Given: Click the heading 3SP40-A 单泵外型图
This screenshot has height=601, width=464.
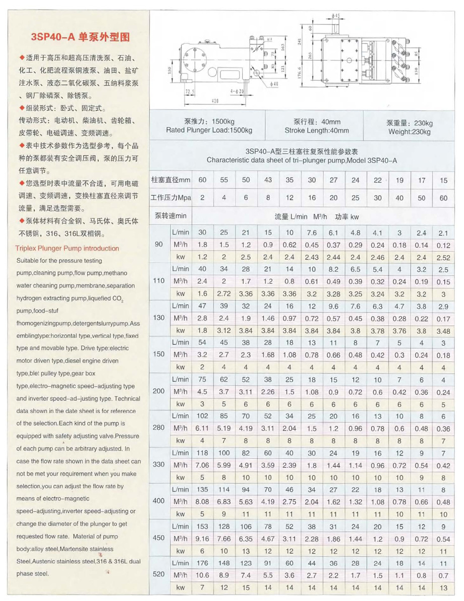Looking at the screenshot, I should tap(80, 37).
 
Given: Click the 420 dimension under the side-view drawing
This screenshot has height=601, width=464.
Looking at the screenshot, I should tap(214, 101).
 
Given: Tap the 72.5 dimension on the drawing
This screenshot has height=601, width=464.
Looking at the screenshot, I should tap(190, 92).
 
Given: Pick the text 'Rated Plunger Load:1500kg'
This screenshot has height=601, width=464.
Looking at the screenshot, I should tap(209, 131).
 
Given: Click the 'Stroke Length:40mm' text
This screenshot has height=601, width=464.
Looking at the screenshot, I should tap(316, 131).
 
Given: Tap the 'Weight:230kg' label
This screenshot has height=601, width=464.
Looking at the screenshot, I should tap(409, 132).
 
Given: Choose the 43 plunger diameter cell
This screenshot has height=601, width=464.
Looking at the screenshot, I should tap(268, 179).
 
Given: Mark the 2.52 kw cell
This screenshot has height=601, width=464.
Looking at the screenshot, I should tap(443, 258).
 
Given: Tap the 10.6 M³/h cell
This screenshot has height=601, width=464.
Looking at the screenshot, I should tap(202, 575).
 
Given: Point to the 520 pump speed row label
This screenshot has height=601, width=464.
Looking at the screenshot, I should tap(159, 575).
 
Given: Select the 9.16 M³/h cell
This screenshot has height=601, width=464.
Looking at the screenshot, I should tap(202, 538).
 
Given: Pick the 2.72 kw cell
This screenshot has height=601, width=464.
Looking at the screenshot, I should tap(224, 293).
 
